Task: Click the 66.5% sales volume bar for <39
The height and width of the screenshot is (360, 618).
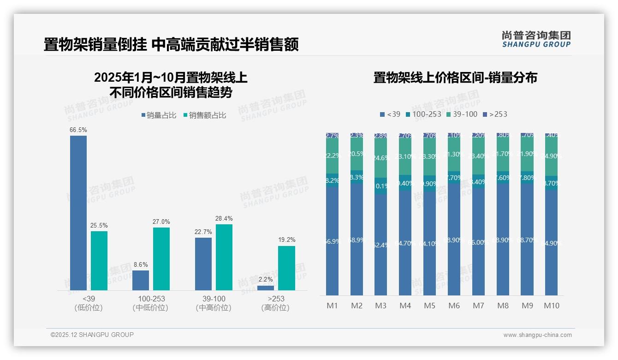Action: [78, 212]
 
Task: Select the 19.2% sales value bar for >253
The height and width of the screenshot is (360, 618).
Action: [286, 268]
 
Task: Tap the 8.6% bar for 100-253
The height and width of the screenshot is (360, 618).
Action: [141, 280]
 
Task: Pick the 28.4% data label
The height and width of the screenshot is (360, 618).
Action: [224, 218]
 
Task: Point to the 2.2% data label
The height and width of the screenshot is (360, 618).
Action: [266, 279]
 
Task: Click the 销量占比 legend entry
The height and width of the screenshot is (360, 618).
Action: [159, 115]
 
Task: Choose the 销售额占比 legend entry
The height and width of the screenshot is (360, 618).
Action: [205, 115]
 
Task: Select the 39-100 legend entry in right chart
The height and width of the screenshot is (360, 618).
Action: [461, 114]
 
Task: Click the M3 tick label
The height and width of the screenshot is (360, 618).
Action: [381, 306]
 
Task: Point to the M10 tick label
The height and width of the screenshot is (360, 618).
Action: [552, 306]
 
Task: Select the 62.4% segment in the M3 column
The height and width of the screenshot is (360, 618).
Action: [381, 245]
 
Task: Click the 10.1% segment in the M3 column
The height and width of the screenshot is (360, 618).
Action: [381, 186]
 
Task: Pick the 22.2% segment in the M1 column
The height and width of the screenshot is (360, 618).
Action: [332, 156]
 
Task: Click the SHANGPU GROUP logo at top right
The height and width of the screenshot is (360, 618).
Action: [536, 39]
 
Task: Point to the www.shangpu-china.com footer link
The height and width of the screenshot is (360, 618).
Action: [537, 335]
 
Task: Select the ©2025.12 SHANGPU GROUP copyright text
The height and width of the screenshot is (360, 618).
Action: [92, 335]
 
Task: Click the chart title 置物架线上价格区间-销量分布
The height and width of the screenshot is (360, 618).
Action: [455, 78]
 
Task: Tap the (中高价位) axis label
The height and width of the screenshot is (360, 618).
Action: [214, 308]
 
